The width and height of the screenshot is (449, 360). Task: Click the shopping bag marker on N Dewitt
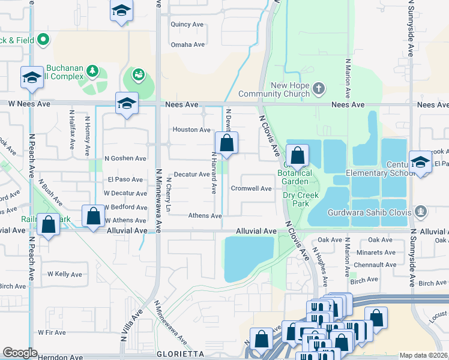coord(226,144)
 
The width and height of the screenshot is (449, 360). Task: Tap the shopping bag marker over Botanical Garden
coord(297,156)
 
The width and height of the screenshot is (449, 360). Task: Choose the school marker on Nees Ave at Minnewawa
coord(127,104)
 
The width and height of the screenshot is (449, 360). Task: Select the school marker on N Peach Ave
coord(32,77)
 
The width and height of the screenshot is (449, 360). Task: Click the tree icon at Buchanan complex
coord(92,72)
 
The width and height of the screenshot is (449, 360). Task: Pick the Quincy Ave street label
coord(188,25)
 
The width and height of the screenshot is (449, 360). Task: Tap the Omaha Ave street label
coord(188,44)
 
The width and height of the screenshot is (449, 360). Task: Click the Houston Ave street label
coord(191,130)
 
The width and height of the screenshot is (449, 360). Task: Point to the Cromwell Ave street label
coord(252,188)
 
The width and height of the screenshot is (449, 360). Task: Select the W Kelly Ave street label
coord(64,274)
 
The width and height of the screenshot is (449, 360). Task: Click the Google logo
coord(20,353)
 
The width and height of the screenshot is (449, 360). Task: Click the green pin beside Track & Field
coord(43,40)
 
